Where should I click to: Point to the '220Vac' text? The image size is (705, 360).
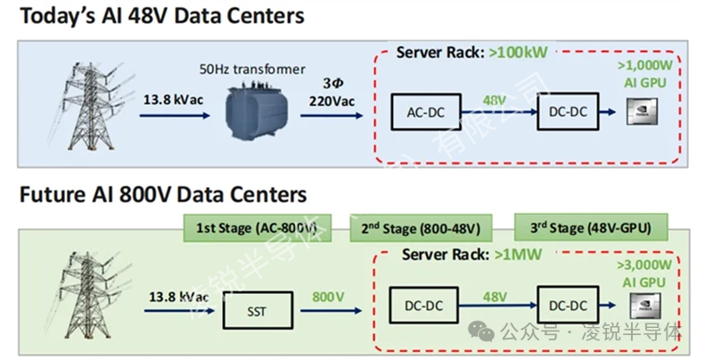[331, 101]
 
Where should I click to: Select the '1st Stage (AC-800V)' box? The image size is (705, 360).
[256, 227]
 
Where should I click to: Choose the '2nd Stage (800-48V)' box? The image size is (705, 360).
[419, 227]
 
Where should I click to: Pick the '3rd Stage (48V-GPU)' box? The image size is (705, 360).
[589, 227]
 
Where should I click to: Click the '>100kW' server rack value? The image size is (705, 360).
[521, 53]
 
